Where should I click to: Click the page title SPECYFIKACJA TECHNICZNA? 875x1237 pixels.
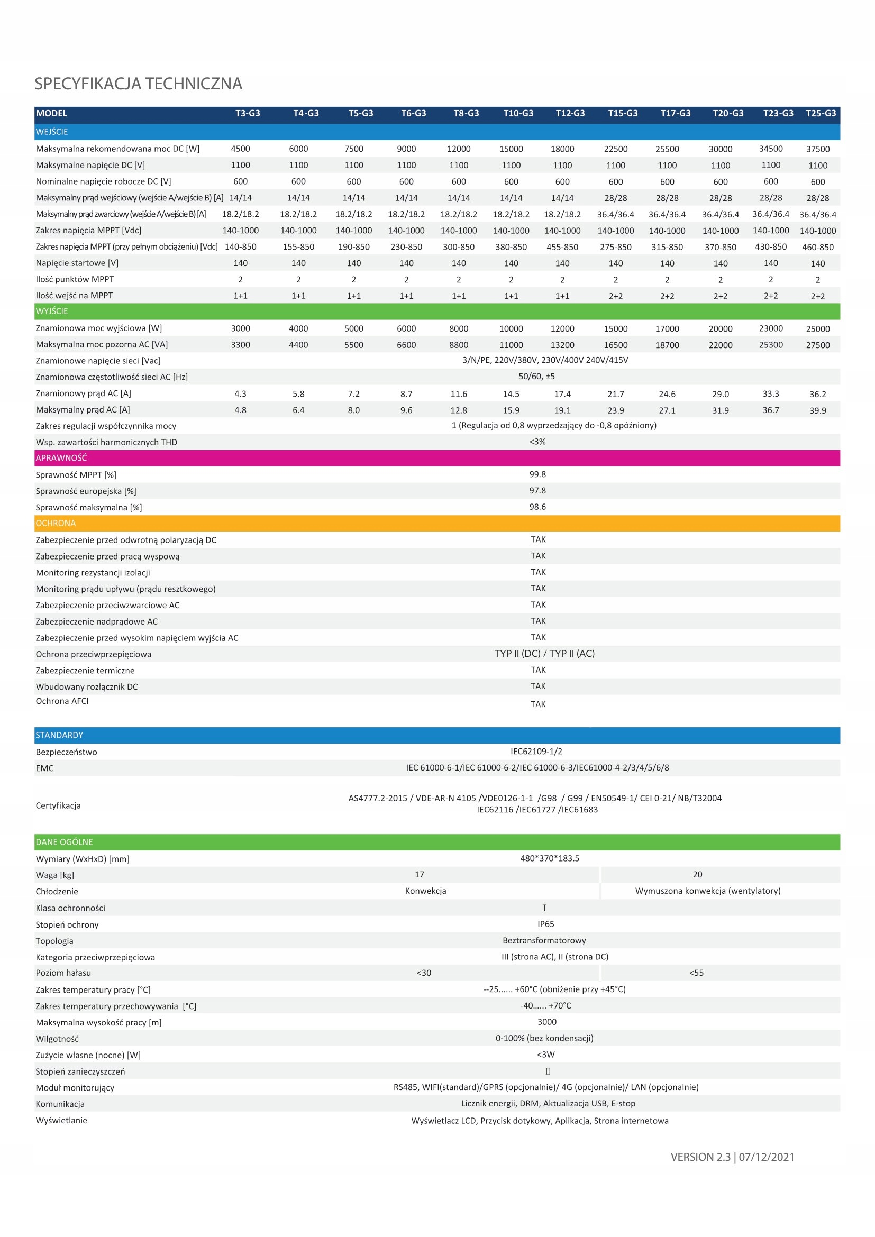139,84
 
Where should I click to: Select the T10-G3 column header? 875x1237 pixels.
518,113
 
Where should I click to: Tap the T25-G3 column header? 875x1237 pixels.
820,113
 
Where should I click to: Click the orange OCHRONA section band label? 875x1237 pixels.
56,523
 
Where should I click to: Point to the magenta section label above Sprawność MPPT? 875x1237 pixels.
61,458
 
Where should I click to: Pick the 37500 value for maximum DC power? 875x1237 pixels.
817,149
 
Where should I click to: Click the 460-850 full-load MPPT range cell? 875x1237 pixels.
817,248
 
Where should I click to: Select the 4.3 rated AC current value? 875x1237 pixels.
240,394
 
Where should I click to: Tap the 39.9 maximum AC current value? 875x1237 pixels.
817,410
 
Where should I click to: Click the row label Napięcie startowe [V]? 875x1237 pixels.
77,263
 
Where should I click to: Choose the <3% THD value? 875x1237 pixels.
537,442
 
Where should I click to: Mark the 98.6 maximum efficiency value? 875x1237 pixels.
537,507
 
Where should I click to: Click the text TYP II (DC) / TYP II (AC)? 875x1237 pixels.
544,654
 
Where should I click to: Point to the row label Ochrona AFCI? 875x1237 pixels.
62,701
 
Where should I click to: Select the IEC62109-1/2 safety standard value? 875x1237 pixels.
536,752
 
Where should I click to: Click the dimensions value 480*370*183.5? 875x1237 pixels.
549,858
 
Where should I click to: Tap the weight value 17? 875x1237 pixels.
419,874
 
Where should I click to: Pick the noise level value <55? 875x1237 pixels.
696,973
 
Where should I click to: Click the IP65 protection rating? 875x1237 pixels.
545,924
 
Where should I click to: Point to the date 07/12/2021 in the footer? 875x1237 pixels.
766,1157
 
